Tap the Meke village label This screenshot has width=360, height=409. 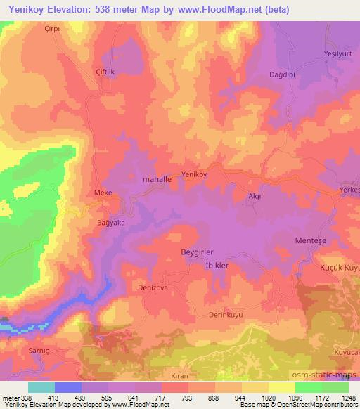pos(103,192)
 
